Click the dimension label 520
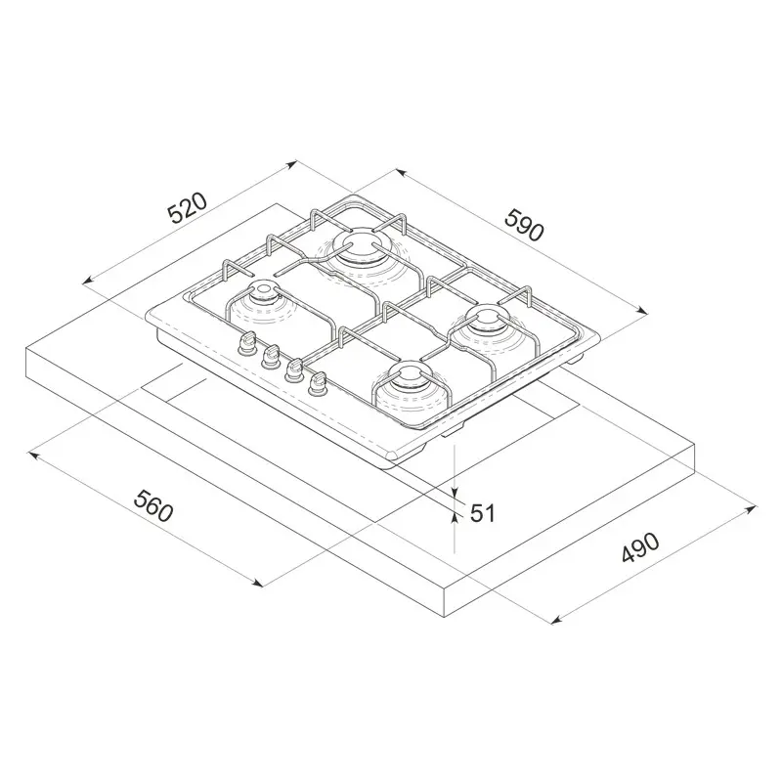tap(188, 210)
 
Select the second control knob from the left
tap(271, 356)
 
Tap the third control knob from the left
tap(293, 370)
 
